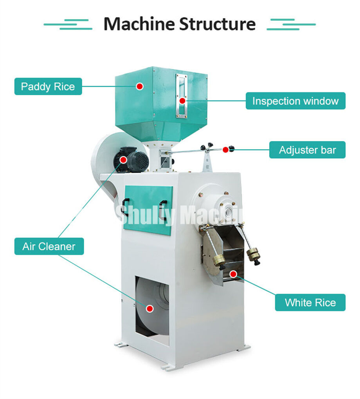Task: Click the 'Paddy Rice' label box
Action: coord(48,87)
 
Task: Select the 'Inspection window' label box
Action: coord(295,101)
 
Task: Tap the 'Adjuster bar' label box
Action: coord(307,150)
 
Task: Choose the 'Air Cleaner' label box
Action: coord(49,247)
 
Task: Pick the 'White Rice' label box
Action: coord(310,303)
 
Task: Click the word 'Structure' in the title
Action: coord(218,24)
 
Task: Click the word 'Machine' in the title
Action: coord(139,24)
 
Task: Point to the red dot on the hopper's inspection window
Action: coord(182,101)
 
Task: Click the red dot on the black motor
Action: coord(124,159)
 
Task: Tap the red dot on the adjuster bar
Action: coord(226,150)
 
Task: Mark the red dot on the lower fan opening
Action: coord(149,309)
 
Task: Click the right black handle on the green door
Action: coord(163,209)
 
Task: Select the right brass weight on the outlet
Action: coord(254,255)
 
